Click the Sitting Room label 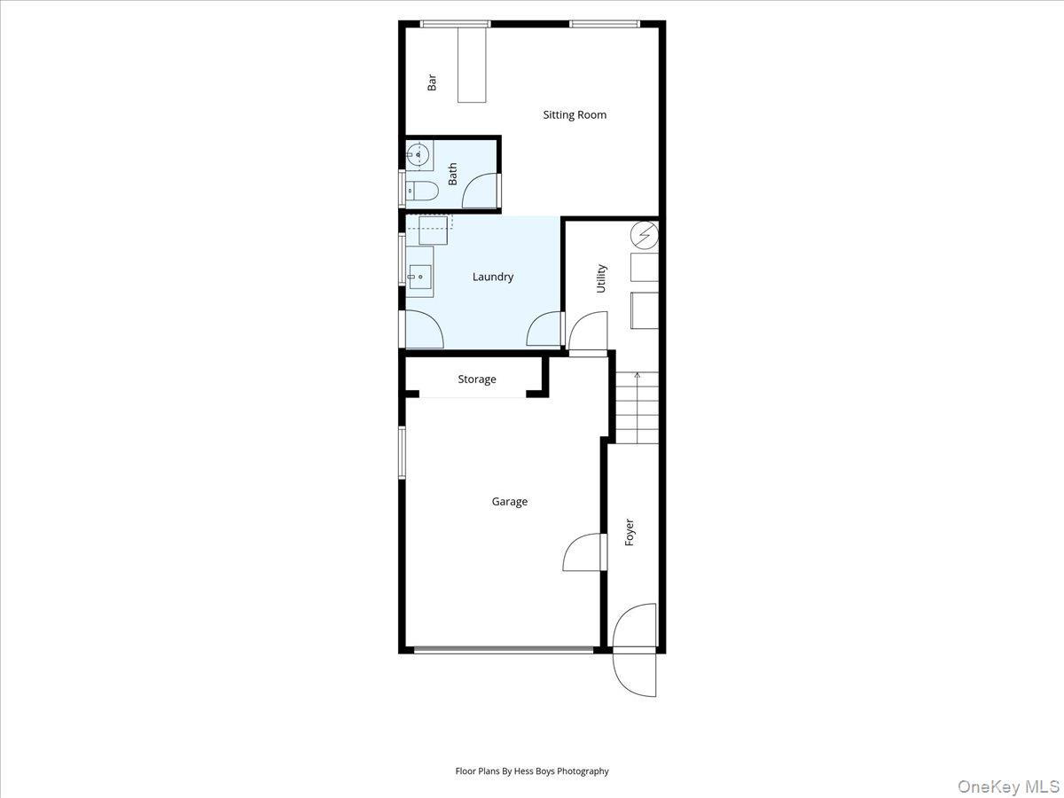pos(575,114)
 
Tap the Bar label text pos(433,82)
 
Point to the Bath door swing pos(481,191)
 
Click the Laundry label pos(492,277)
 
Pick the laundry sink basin pos(420,276)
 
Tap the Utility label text pos(601,278)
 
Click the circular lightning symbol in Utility pos(645,234)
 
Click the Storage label pos(477,379)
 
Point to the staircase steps pos(637,408)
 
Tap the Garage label pos(510,502)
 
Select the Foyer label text pos(630,532)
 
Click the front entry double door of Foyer pos(635,650)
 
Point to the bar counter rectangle pos(472,65)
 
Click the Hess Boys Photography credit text pos(532,771)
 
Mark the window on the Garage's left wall pos(402,452)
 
